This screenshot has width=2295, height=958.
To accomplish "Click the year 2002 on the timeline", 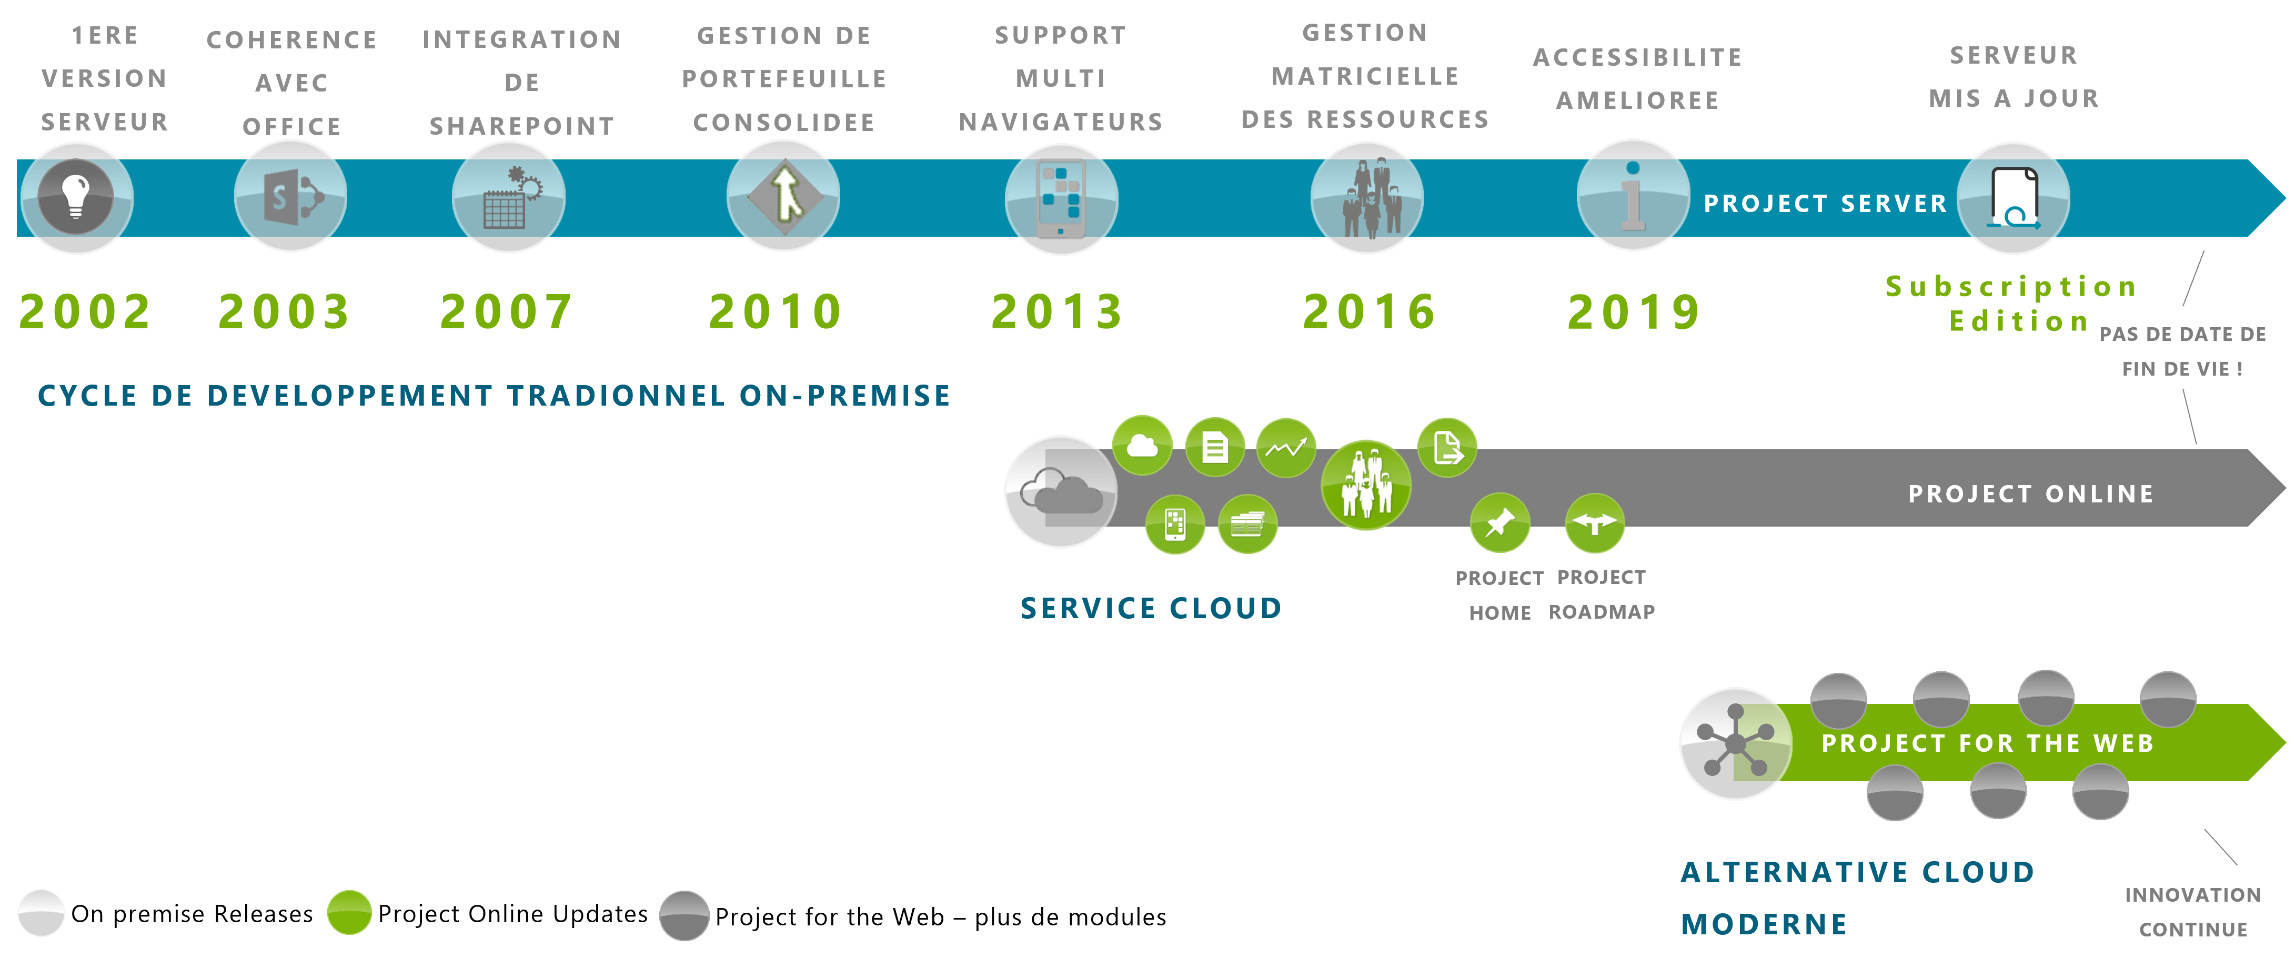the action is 86,312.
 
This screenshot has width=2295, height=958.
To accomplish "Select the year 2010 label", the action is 775,312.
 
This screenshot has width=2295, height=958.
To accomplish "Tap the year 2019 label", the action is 1634,312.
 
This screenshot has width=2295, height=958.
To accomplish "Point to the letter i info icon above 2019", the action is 1633,196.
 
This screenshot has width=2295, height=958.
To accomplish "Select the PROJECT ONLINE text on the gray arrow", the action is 2030,493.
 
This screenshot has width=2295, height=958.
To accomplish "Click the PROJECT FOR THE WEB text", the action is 1988,743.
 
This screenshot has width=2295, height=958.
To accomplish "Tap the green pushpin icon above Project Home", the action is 1501,523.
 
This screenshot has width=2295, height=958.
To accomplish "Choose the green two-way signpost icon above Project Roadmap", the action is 1595,523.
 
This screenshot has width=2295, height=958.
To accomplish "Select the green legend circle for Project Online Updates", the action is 349,913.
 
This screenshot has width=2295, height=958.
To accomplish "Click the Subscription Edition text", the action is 2012,303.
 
